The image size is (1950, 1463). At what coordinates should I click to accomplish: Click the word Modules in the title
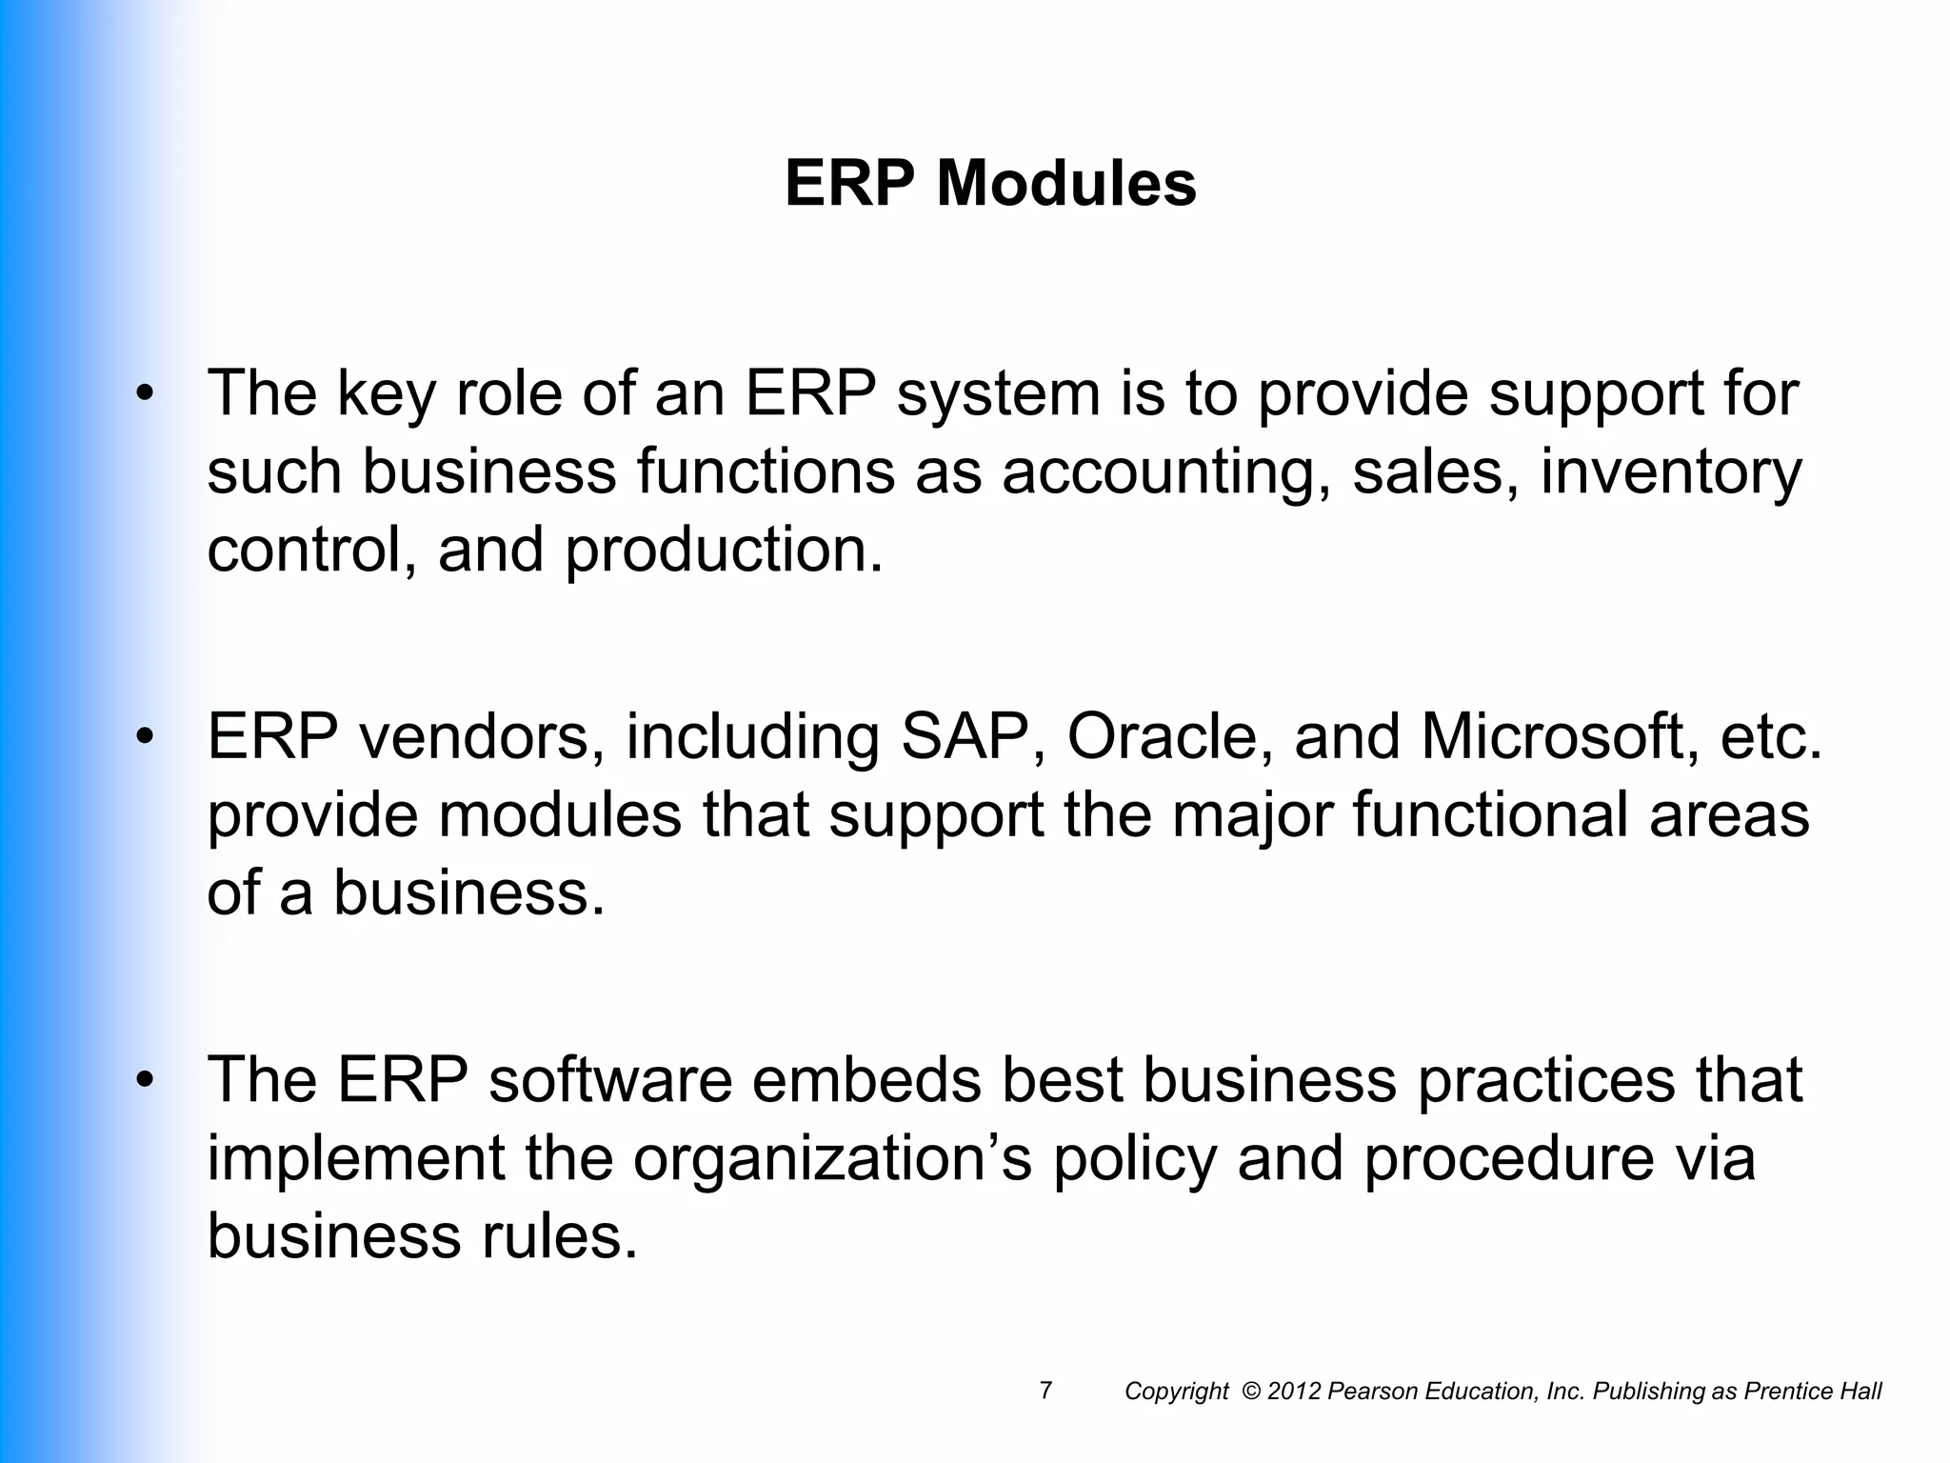coord(1066,183)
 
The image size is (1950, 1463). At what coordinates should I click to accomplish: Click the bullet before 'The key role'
coord(144,395)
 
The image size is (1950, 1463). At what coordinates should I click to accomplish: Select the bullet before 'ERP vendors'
coord(144,738)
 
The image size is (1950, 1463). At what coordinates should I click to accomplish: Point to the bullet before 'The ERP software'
coord(144,1081)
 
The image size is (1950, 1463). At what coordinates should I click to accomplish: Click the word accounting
coord(1166,473)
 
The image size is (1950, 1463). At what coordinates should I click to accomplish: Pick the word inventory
coord(1671,473)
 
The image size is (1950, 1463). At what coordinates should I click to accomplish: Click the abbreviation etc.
coord(1771,736)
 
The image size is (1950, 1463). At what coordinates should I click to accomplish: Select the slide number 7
coord(1045,1391)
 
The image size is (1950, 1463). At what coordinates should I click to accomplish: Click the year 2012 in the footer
coord(1295,1392)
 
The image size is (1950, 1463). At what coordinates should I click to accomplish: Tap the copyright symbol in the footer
coord(1252,1392)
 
